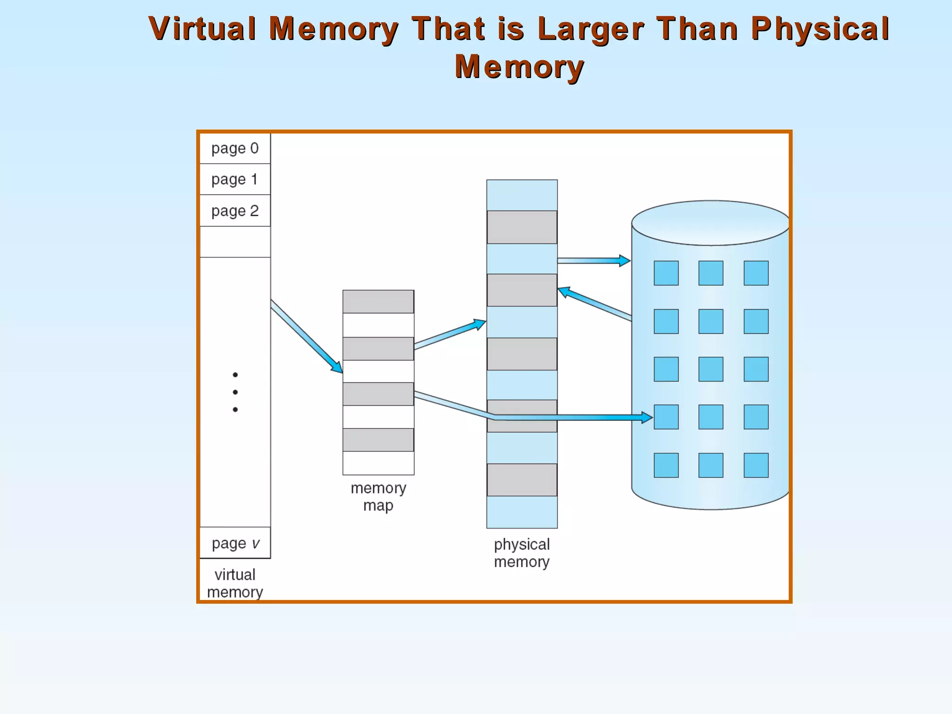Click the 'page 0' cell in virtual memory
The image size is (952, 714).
pyautogui.click(x=235, y=148)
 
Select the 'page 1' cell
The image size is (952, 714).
pyautogui.click(x=235, y=179)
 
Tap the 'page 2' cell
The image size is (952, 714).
pyautogui.click(x=235, y=211)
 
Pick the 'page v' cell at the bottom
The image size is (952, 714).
pyautogui.click(x=235, y=543)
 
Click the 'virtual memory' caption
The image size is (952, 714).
pyautogui.click(x=235, y=583)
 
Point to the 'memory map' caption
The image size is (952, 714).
pyautogui.click(x=378, y=496)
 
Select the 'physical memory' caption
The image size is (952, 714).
pyautogui.click(x=522, y=553)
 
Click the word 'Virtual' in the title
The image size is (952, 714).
pyautogui.click(x=203, y=28)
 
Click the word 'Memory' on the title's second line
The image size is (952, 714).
pyautogui.click(x=519, y=66)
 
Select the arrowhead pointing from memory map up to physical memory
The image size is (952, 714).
pyautogui.click(x=480, y=323)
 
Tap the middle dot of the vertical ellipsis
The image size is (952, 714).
pyautogui.click(x=235, y=392)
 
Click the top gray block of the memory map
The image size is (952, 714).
pyautogui.click(x=378, y=302)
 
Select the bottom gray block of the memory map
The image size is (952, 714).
pyautogui.click(x=378, y=440)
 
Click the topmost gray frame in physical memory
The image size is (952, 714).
pyautogui.click(x=522, y=227)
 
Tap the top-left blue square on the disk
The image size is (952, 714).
pyautogui.click(x=666, y=273)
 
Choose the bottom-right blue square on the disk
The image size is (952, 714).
pyautogui.click(x=756, y=465)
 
